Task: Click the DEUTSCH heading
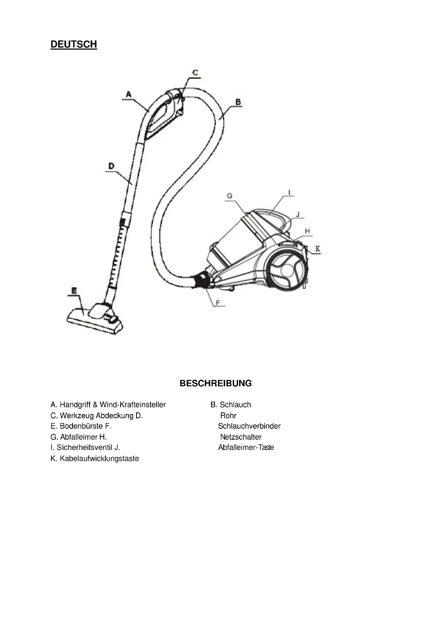(x=74, y=44)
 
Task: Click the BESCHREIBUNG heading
(x=216, y=383)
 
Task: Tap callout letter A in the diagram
(x=129, y=94)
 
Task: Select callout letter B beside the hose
(x=238, y=102)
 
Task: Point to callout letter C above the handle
(x=195, y=72)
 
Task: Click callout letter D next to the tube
(x=111, y=166)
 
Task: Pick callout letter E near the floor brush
(x=74, y=291)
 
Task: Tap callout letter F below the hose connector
(x=218, y=303)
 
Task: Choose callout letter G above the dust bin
(x=229, y=196)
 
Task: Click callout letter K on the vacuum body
(x=318, y=249)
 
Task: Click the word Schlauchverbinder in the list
(x=249, y=426)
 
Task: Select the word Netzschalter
(x=241, y=437)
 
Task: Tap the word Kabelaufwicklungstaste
(x=99, y=458)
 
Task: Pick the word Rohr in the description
(x=228, y=416)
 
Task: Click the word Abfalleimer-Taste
(x=246, y=447)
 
